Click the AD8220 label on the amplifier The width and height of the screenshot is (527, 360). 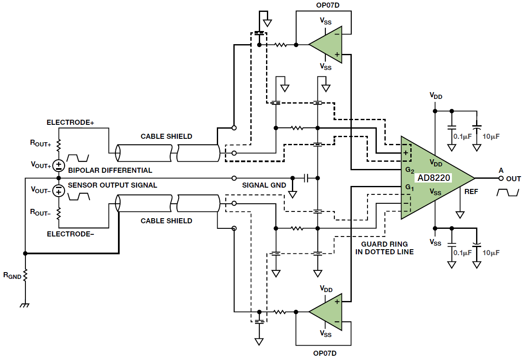434,178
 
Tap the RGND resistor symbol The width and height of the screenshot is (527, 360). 25,276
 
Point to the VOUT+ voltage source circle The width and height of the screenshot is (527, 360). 59,165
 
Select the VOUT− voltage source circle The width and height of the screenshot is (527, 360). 59,191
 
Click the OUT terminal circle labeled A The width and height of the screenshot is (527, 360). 501,178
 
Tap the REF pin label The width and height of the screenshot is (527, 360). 471,192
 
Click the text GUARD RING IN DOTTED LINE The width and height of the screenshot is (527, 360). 387,248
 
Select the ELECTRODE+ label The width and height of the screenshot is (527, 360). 70,123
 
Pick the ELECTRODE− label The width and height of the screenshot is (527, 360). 70,234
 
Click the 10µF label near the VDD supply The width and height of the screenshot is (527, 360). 491,137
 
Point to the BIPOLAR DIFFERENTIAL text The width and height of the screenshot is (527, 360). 110,170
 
